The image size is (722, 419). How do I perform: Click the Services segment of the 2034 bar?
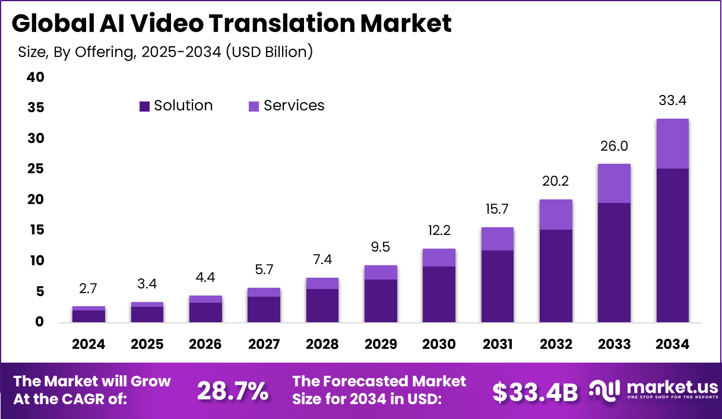pyautogui.click(x=672, y=144)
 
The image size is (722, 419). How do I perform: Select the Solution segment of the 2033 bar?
pyautogui.click(x=614, y=262)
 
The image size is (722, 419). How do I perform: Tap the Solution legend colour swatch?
pyautogui.click(x=144, y=106)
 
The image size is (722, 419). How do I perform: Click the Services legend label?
pyautogui.click(x=294, y=106)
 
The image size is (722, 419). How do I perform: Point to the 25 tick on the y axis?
pyautogui.click(x=36, y=169)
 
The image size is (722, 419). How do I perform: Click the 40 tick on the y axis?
pyautogui.click(x=36, y=77)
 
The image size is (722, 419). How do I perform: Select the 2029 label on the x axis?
pyautogui.click(x=381, y=345)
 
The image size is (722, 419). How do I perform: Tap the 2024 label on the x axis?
pyautogui.click(x=89, y=345)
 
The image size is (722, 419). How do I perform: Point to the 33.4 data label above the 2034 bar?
pyautogui.click(x=672, y=101)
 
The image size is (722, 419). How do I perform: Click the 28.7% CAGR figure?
pyautogui.click(x=232, y=391)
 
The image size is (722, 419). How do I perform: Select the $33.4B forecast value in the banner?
pyautogui.click(x=535, y=392)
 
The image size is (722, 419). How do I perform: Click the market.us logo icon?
pyautogui.click(x=604, y=390)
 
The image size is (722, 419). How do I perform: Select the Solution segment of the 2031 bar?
pyautogui.click(x=498, y=286)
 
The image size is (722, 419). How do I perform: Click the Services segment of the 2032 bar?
pyautogui.click(x=556, y=214)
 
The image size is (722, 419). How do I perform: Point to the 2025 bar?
pyautogui.click(x=147, y=313)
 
